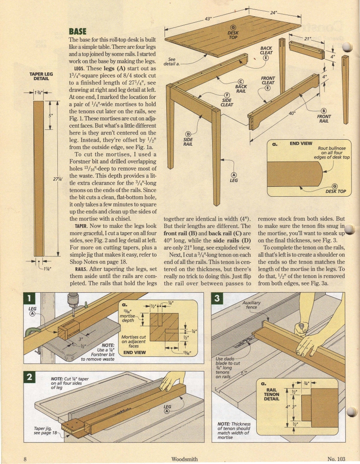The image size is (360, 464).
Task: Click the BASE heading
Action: point(78,31)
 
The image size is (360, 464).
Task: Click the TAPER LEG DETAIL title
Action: point(41,76)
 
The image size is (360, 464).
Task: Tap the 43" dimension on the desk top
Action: point(208,19)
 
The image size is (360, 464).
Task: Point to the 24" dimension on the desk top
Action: point(273,13)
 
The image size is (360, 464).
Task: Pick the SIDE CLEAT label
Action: point(227,102)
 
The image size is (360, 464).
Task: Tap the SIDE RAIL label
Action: point(188,141)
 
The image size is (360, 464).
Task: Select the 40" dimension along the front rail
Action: point(292,114)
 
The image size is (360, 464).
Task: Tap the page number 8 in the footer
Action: point(25,459)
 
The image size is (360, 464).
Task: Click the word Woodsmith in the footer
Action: point(184,459)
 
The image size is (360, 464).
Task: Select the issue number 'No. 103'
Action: point(336,459)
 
